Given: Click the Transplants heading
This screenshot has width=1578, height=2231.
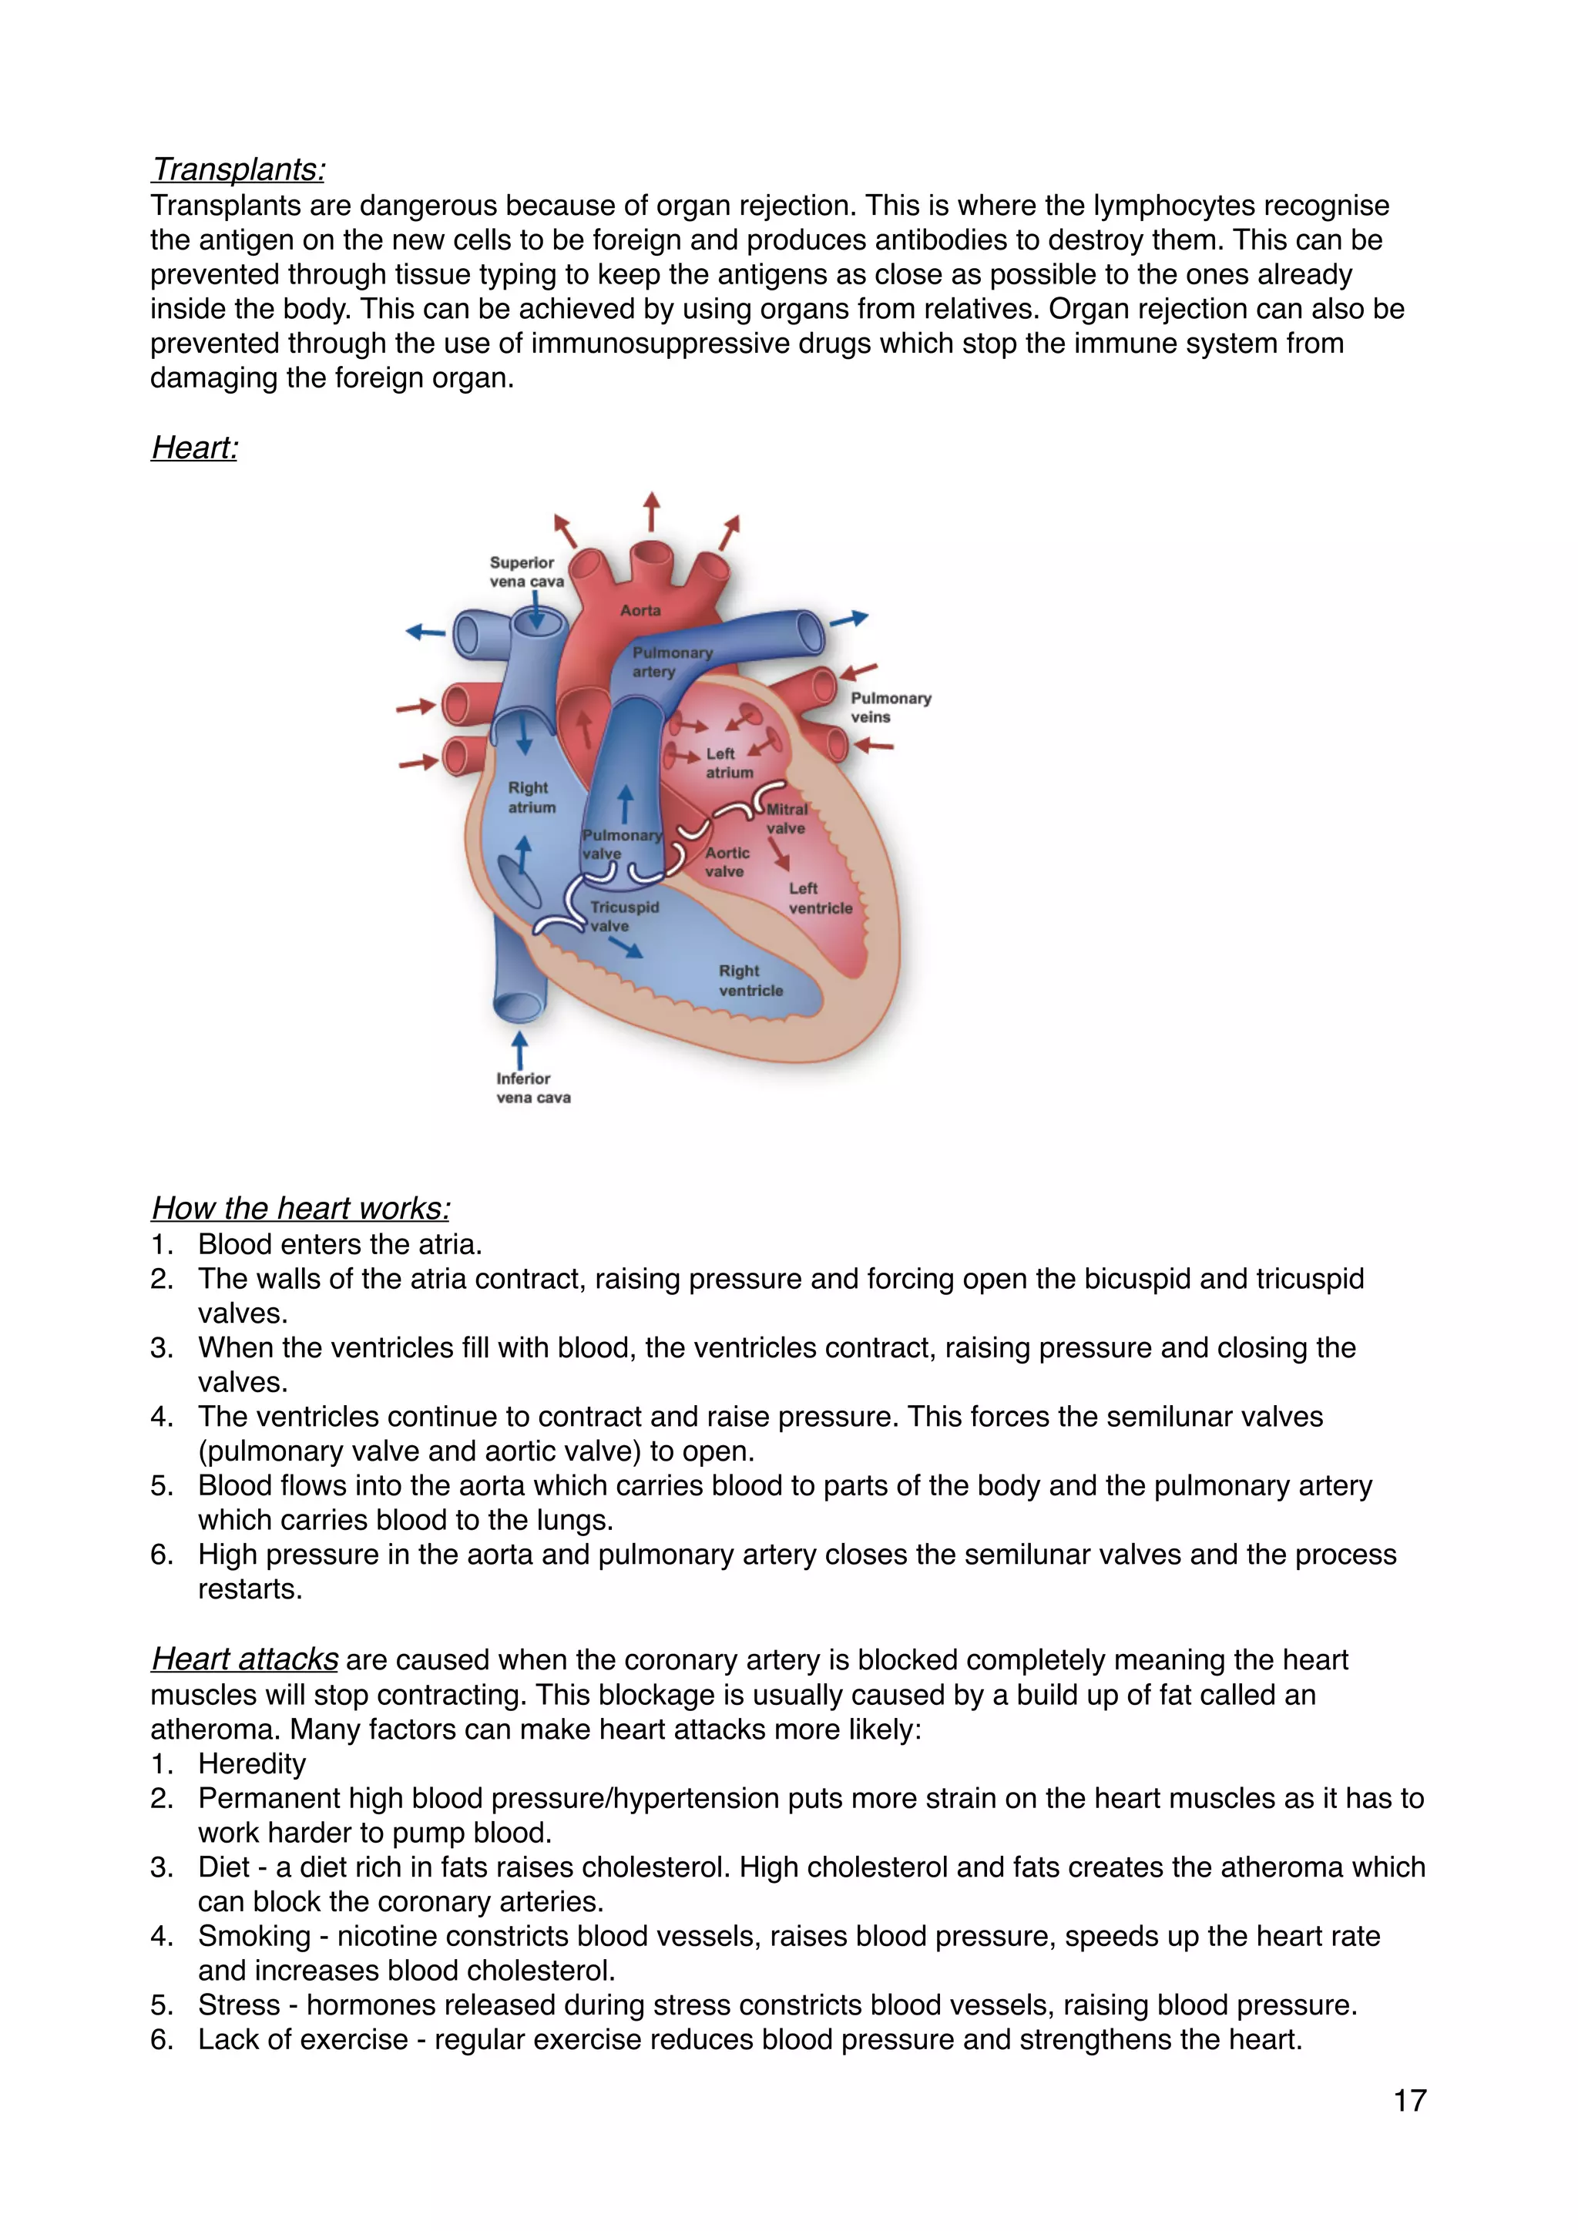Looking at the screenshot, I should pos(238,170).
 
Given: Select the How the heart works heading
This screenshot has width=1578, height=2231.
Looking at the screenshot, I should pos(300,1208).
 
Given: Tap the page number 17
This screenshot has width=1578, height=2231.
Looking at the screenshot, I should pos(1410,2100).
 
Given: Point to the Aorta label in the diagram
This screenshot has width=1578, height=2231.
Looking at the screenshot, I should pos(640,610).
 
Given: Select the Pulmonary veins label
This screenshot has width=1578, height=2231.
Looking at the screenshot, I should pos(890,707).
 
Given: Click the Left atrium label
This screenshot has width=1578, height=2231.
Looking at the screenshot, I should pos(728,763).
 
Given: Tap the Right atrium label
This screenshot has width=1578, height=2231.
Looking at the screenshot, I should pos(531,797).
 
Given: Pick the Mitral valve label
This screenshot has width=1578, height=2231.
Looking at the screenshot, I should pos(786,818).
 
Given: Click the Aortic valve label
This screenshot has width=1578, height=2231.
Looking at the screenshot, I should pos(727,862).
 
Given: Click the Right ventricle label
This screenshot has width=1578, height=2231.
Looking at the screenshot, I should pos(750,981).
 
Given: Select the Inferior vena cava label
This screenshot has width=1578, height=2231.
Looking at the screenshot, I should pos(532,1089).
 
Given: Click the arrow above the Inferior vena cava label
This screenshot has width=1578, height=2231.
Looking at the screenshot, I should pos(520,1049).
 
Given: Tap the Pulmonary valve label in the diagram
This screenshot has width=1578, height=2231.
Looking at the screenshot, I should pos(620,844).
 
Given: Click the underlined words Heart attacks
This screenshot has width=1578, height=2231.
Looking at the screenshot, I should pos(245,1659).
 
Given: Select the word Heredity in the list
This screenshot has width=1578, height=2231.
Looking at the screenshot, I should pos(252,1763).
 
